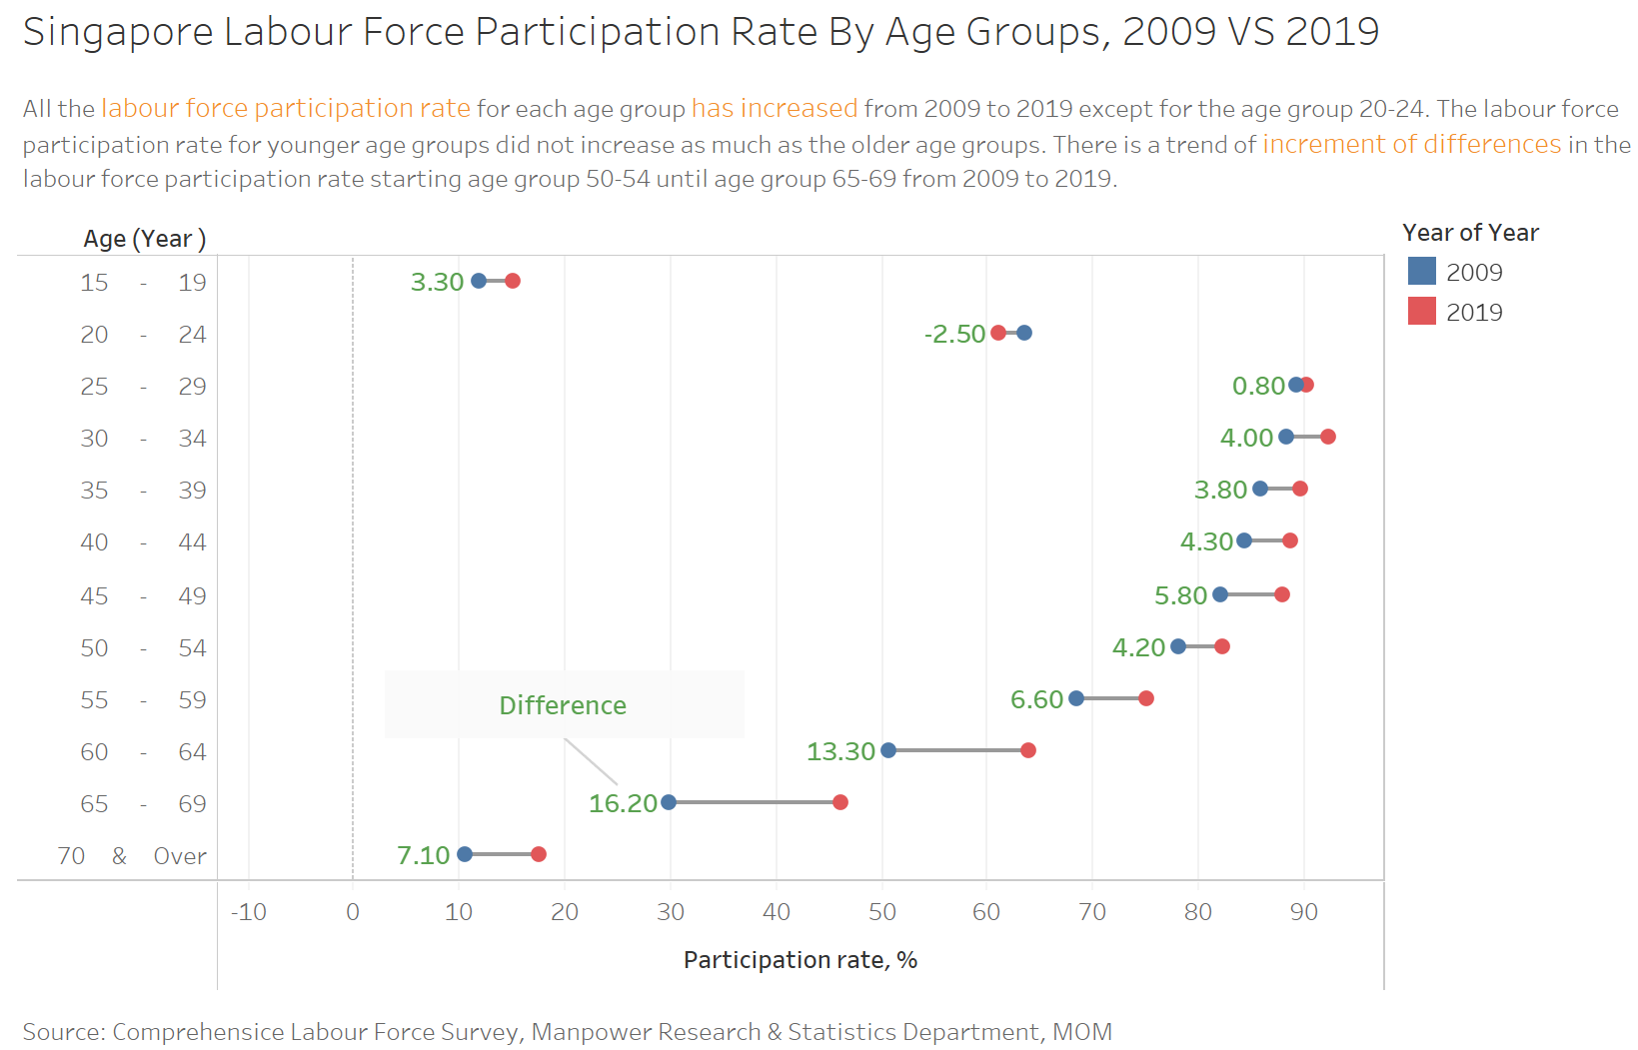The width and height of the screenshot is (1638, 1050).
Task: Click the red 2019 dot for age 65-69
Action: coord(840,802)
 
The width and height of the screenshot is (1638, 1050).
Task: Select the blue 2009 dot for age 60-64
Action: coord(888,750)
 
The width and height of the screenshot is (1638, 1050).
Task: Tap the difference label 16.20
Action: coord(623,803)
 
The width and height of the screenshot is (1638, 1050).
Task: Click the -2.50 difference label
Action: coord(954,334)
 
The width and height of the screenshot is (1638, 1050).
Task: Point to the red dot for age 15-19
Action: coord(513,281)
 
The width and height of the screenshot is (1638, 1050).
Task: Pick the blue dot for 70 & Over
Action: coord(465,854)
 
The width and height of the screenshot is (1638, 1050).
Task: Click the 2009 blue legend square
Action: coord(1421,272)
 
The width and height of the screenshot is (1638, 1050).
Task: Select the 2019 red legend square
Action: coord(1421,312)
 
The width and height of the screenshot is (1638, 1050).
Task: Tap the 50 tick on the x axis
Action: coord(881,911)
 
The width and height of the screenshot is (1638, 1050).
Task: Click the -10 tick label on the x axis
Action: coord(248,911)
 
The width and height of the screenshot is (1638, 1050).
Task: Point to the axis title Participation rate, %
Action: coord(800,960)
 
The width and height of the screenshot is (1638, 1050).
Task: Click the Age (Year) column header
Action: coord(144,239)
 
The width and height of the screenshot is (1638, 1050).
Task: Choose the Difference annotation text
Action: coord(563,705)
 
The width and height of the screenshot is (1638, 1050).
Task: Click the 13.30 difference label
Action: coord(840,751)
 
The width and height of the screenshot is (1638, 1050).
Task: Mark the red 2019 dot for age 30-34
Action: coord(1328,437)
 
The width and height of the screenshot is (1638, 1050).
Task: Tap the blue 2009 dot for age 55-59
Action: coord(1076,698)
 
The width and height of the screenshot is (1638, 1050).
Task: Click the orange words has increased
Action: coord(774,108)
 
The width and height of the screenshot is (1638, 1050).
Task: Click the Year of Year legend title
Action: coord(1470,233)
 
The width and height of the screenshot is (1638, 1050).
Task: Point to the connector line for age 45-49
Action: coord(1251,594)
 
